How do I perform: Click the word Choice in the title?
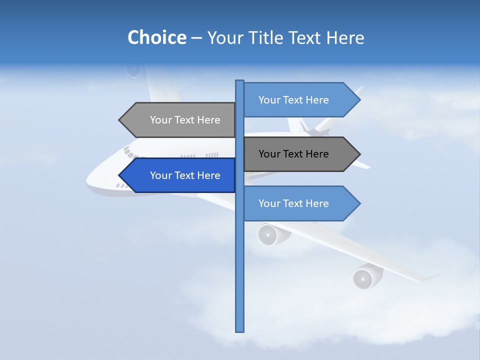tap(156, 37)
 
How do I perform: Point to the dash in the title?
tap(196, 38)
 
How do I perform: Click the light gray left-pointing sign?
tap(180, 120)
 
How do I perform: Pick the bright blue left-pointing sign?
tap(180, 175)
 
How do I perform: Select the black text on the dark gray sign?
tap(293, 154)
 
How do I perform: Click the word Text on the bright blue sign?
tap(185, 175)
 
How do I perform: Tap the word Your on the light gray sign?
tap(160, 120)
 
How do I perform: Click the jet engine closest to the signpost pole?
tap(270, 234)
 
